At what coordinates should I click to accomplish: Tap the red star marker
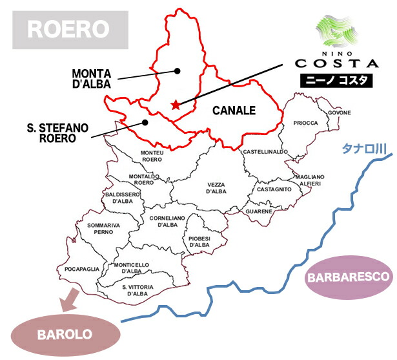pyautogui.click(x=175, y=104)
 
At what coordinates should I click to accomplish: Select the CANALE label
pyautogui.click(x=234, y=111)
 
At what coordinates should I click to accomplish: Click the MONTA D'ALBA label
pyautogui.click(x=91, y=78)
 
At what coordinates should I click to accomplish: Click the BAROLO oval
pyautogui.click(x=66, y=335)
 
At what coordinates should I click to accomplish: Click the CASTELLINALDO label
pyautogui.click(x=265, y=151)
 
